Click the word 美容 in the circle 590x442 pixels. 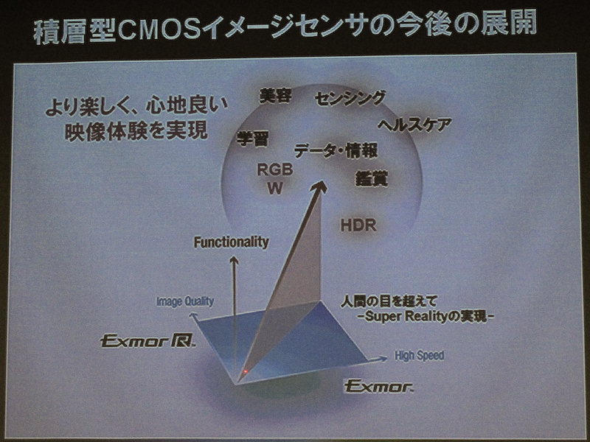point(277,96)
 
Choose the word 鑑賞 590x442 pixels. point(372,178)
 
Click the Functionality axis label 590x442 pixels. point(232,242)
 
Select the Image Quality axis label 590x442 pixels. point(185,301)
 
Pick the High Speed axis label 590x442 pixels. point(419,355)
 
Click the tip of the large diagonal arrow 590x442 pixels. point(322,184)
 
